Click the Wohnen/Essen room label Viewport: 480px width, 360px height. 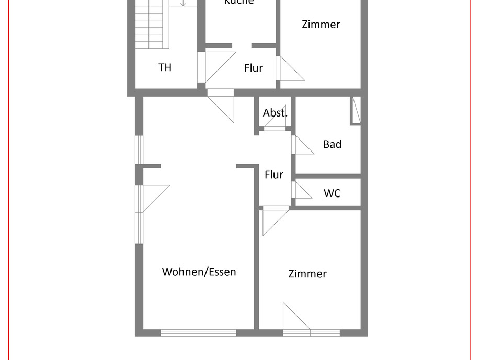(x=199, y=272)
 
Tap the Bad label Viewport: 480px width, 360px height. (x=332, y=144)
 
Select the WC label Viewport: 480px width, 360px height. (x=332, y=193)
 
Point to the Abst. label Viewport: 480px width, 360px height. (x=275, y=113)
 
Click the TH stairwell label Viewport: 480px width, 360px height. (x=165, y=67)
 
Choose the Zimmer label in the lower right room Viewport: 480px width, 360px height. (x=307, y=274)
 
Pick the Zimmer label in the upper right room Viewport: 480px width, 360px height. (x=321, y=24)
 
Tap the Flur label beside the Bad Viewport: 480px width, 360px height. (x=274, y=175)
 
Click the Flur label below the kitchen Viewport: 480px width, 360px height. (x=254, y=68)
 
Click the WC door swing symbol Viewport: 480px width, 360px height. (x=301, y=190)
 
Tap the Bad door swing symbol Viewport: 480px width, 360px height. (x=302, y=145)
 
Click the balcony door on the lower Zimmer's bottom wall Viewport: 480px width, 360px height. (x=296, y=320)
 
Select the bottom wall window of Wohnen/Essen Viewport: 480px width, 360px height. (x=198, y=333)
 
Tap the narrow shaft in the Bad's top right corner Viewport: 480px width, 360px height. (x=356, y=110)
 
